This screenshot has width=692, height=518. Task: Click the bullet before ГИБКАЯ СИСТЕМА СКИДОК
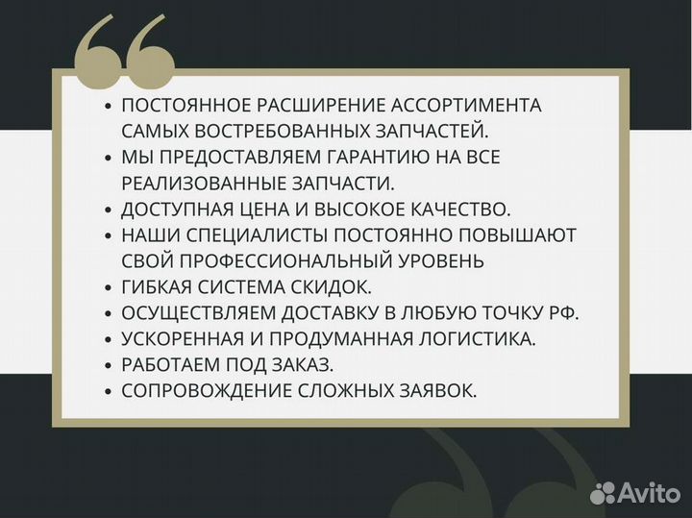click(x=109, y=287)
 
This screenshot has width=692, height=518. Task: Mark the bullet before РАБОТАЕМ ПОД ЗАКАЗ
click(x=109, y=365)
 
